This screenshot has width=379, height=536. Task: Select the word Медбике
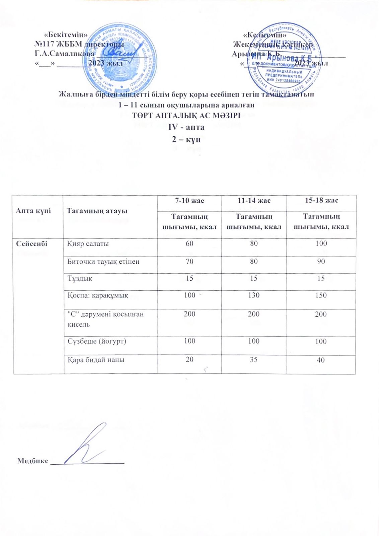pos(33,461)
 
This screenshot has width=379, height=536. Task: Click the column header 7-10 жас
pos(189,201)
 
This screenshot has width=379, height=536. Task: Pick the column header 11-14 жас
pos(254,201)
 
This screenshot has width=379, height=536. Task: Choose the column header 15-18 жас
pos(321,201)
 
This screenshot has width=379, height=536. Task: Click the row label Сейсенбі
pos(32,244)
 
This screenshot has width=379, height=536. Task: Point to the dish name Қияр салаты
pos(88,244)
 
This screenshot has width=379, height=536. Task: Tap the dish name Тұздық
pos(80,278)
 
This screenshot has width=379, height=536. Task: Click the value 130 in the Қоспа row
pos(254,295)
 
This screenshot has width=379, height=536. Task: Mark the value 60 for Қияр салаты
pos(189,244)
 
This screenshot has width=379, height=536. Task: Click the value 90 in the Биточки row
pos(321,261)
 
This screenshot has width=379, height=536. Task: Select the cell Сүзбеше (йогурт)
pos(97,341)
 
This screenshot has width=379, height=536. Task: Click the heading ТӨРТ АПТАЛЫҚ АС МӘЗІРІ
pos(186,116)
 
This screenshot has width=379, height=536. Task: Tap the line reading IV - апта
pos(186,127)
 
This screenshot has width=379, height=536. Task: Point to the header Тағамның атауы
pos(97,211)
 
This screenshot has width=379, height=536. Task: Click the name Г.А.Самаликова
pos(65,54)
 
